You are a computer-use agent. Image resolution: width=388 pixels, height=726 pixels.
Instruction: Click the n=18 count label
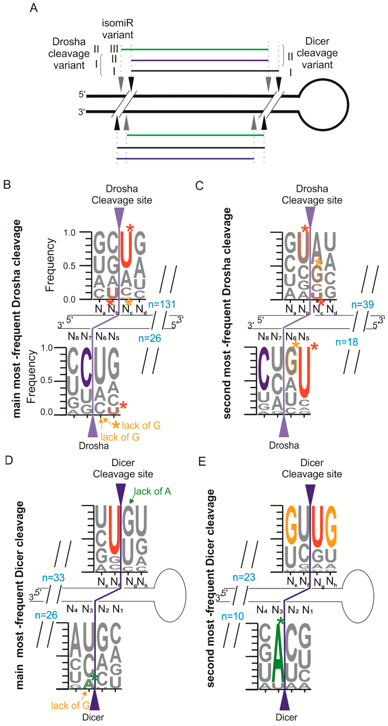coord(347,342)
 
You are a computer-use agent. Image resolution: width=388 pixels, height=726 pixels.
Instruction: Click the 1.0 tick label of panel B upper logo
coord(69,233)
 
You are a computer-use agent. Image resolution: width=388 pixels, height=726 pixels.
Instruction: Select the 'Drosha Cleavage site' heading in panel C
coord(312,194)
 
